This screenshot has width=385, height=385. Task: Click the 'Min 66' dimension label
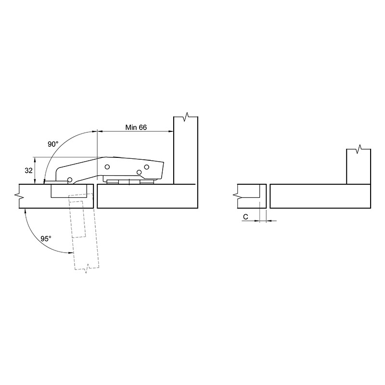coord(136,128)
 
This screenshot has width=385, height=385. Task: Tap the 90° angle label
coord(53,144)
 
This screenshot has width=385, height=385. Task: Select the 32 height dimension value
coord(28,170)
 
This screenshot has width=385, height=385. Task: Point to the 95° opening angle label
coord(46,238)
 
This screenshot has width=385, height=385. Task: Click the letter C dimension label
coord(245,217)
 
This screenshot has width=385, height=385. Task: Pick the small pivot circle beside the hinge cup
coord(70,180)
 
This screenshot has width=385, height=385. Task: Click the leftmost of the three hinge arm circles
coord(107,167)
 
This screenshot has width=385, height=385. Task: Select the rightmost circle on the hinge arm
coord(147,167)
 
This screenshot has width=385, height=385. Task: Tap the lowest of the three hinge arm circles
coord(139,172)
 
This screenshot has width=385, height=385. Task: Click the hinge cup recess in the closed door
coord(69,191)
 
